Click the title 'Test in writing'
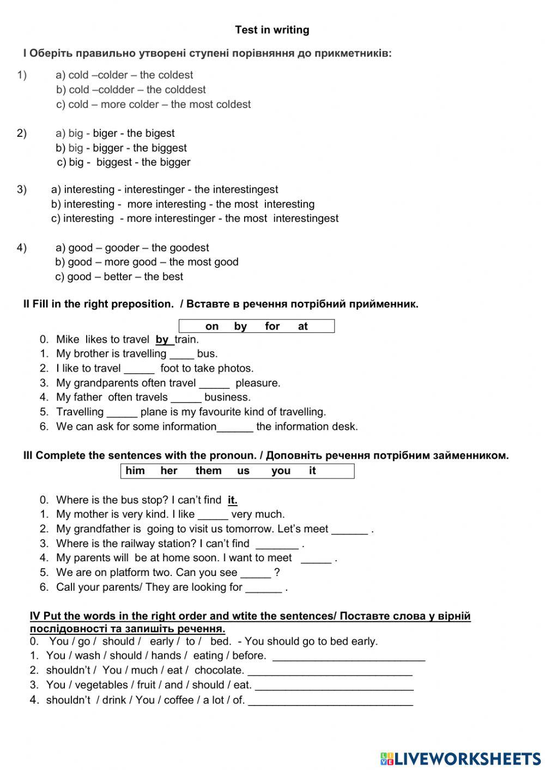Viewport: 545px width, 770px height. [x=272, y=30]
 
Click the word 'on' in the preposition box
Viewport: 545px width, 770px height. [x=212, y=326]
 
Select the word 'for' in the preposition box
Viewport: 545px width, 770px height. [x=272, y=326]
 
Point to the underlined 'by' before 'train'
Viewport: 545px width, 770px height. [x=162, y=340]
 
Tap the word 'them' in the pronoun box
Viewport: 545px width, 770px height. [x=208, y=471]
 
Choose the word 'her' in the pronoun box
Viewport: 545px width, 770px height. [x=169, y=471]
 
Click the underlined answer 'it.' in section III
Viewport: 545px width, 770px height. [x=232, y=500]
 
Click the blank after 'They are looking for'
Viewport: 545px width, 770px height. [x=263, y=589]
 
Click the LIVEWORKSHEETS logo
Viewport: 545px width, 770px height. [x=461, y=759]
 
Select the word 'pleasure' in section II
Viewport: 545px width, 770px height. [x=257, y=383]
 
